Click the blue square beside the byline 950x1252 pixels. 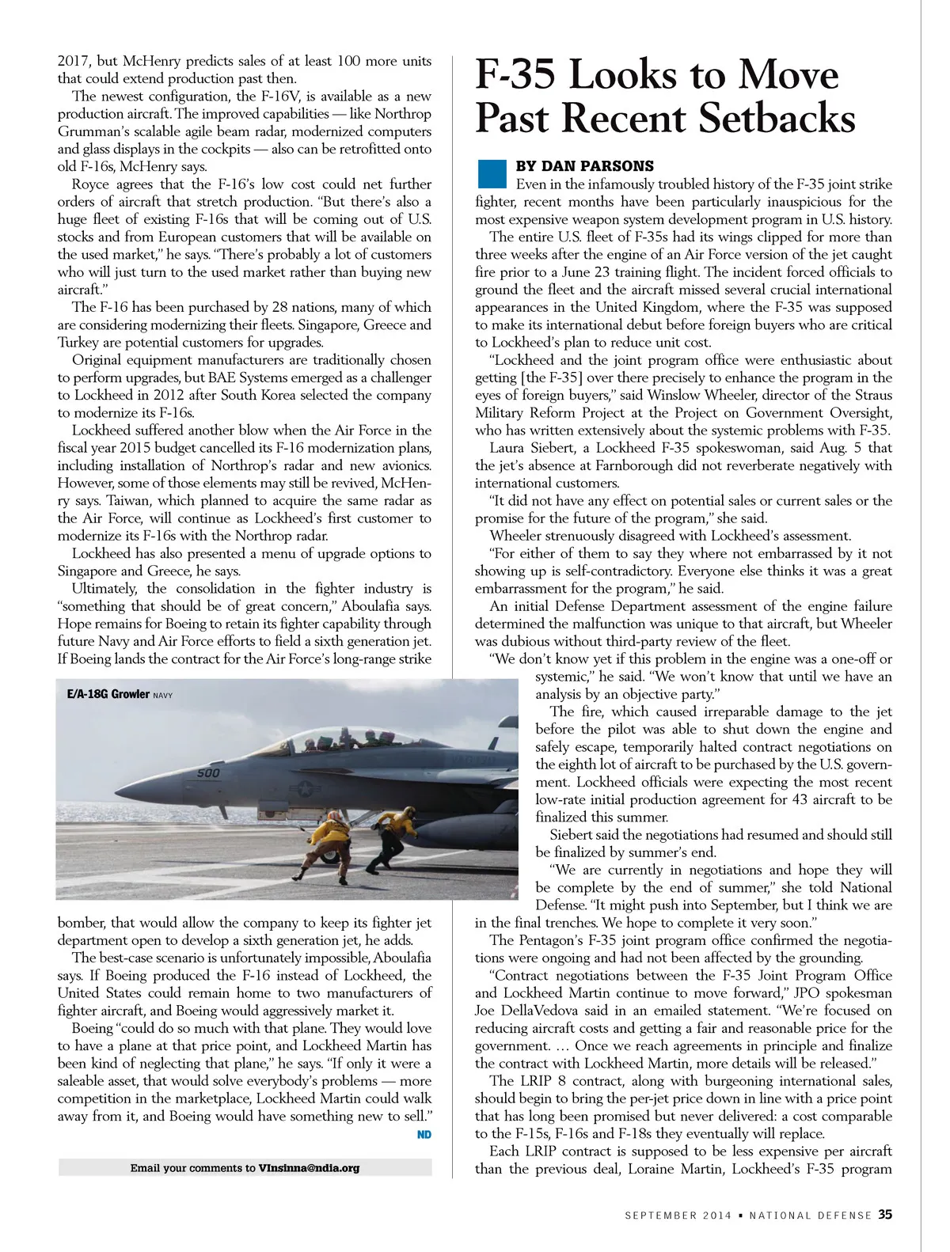[x=492, y=173]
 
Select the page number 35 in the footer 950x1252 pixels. [x=885, y=1214]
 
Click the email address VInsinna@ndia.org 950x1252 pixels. [x=309, y=1167]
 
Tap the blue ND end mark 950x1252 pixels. [x=424, y=1135]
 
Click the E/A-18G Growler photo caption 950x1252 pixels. [x=108, y=694]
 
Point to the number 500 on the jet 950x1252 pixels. [x=208, y=773]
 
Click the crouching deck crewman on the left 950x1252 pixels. [x=328, y=843]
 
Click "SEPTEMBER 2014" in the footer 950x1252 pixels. [x=672, y=1216]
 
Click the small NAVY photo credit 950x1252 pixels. [x=162, y=695]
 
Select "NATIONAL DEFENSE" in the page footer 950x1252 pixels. [x=810, y=1216]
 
